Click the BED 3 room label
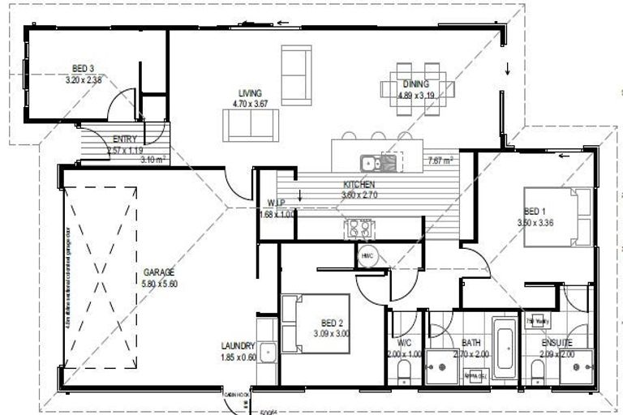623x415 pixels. coord(84,70)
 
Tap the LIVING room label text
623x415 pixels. coord(249,92)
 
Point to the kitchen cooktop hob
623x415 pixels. coord(358,229)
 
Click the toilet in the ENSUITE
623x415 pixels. coord(536,373)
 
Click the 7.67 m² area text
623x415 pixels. coord(440,160)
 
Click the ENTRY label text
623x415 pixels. coord(125,139)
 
